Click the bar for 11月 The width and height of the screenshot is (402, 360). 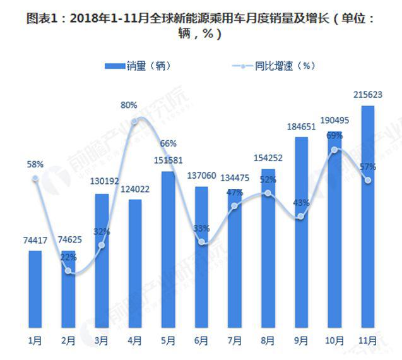[x=367, y=218]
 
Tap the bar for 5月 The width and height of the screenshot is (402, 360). [x=168, y=249]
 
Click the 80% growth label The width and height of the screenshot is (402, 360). [x=129, y=104]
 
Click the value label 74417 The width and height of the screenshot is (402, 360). [x=35, y=240]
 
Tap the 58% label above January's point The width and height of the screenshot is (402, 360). [x=35, y=164]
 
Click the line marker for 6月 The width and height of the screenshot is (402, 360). [x=201, y=242]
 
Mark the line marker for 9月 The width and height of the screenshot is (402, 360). [x=301, y=217]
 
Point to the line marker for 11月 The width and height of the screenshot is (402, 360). [x=367, y=181]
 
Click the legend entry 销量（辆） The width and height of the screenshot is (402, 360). [x=138, y=65]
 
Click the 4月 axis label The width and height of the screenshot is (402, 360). [x=135, y=340]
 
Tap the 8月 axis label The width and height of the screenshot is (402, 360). [x=268, y=340]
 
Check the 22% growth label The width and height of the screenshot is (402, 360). [x=69, y=257]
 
